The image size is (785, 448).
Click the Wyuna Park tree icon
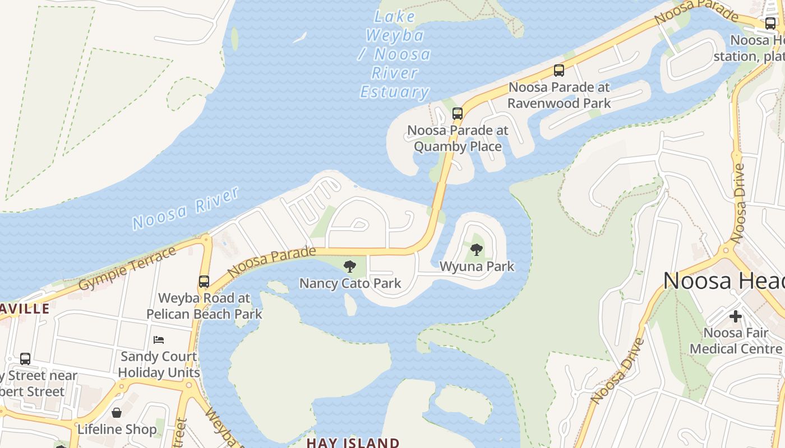pos(477,249)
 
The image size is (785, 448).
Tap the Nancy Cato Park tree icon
pos(350,266)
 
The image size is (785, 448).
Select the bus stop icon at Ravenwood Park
pos(558,71)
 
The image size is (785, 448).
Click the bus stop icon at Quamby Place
pos(458,114)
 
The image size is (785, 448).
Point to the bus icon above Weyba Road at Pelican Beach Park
pos(204,281)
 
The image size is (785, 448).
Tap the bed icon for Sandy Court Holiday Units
pos(159,340)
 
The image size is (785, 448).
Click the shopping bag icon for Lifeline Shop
pos(117,413)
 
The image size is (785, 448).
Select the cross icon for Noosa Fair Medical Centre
pos(735,316)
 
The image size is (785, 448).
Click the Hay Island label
pos(353,442)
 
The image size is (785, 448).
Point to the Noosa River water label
pos(186,208)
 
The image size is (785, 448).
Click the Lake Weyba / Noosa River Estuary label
pos(395,54)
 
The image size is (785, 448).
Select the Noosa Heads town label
pos(723,281)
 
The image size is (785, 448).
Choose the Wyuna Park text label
pos(477,266)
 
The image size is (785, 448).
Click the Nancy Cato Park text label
pos(350,283)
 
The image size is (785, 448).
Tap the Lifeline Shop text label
pos(117,430)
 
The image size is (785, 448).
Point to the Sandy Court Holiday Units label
pos(159,365)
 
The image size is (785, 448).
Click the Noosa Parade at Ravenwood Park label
pos(558,95)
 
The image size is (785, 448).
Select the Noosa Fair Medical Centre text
pos(735,340)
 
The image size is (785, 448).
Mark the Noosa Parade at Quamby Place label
pos(458,138)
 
